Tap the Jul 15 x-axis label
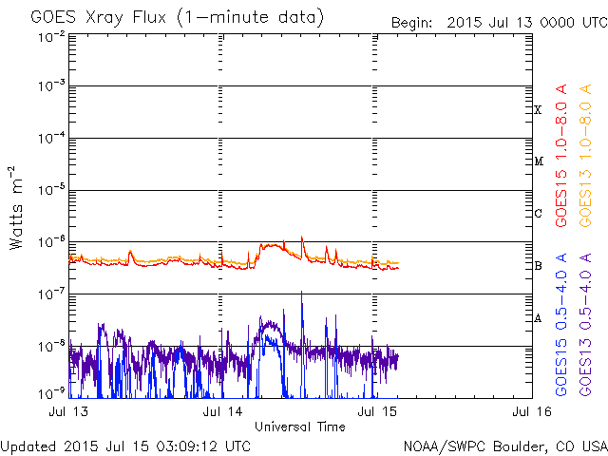click(372, 411)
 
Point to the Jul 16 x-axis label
click(524, 411)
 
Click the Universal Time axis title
click(299, 427)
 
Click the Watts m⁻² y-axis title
click(16, 206)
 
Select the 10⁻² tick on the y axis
click(53, 36)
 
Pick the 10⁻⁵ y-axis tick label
click(53, 190)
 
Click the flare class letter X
click(538, 110)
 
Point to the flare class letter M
click(538, 161)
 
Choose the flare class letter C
click(538, 213)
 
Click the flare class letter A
click(538, 318)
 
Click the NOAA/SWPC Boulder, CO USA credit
click(503, 446)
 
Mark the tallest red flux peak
click(302, 237)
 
